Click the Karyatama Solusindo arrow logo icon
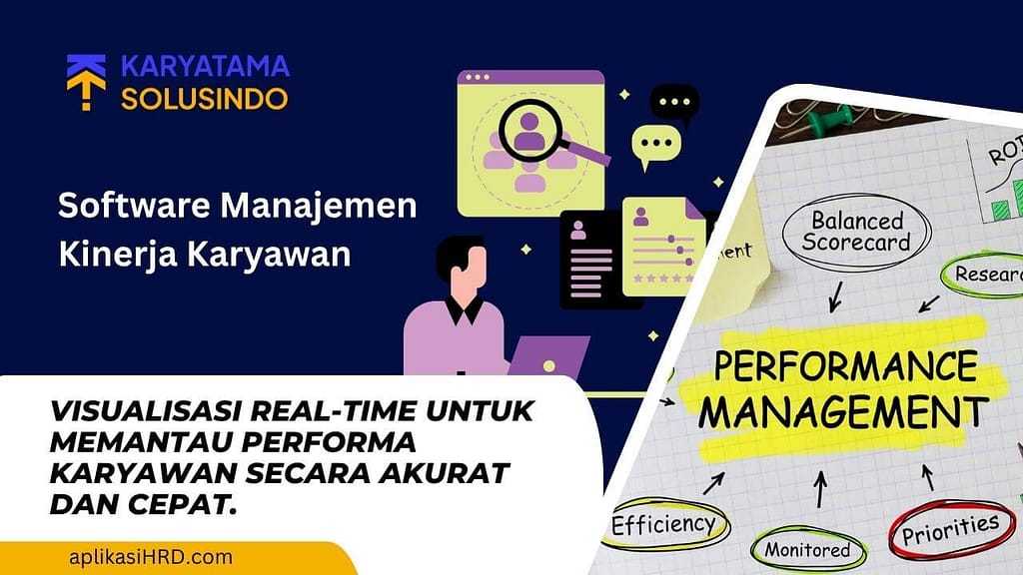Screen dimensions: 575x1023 coord(86,82)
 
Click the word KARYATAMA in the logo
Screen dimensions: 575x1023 coord(205,67)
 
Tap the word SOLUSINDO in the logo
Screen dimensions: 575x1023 coord(205,98)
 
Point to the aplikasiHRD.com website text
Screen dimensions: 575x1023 coord(151,557)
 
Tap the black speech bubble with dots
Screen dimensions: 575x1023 coord(674,103)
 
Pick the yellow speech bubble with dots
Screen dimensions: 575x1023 coord(654,146)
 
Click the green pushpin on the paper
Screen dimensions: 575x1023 coord(829,123)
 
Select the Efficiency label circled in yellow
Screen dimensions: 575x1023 coord(663,524)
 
